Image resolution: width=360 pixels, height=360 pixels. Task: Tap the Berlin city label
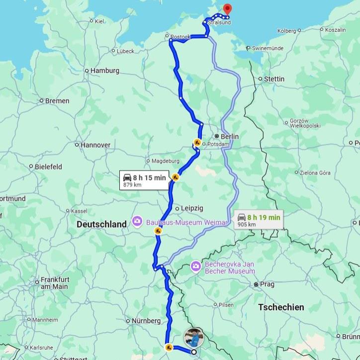pos(230,137)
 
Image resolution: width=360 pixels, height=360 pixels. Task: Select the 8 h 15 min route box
pos(144,180)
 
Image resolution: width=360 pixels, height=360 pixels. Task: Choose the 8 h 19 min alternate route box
pos(258,220)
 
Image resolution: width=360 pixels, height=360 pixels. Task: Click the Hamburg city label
pos(104,71)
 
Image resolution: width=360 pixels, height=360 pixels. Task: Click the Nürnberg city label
pos(146,321)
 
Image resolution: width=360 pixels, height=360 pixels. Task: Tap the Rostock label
pos(180,36)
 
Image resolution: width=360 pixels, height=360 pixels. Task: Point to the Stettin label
pos(274,79)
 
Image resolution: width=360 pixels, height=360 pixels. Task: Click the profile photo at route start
pos(194,338)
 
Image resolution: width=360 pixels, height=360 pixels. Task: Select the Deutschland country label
pos(101,224)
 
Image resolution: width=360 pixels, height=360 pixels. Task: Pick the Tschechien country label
pos(281,307)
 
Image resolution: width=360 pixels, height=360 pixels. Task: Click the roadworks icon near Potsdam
pos(197,143)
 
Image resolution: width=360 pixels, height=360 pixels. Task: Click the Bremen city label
pos(57,101)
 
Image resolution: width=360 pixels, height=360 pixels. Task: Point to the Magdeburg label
pos(165,161)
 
